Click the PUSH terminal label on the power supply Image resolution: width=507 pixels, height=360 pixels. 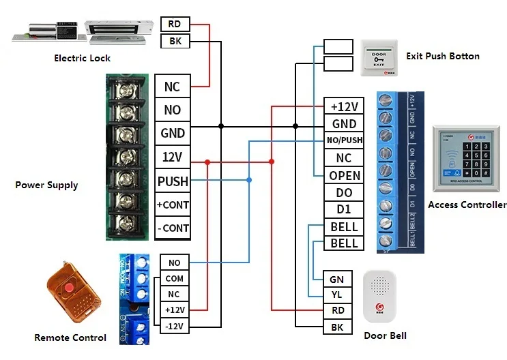click(173, 181)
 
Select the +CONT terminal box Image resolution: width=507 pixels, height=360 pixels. click(173, 205)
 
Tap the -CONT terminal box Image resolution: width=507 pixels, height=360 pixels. click(173, 228)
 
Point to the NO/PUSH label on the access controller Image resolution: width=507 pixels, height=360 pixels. click(344, 140)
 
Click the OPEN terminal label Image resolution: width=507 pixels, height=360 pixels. click(344, 175)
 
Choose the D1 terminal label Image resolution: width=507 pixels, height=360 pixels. click(344, 209)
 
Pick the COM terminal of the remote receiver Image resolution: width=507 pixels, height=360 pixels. click(174, 278)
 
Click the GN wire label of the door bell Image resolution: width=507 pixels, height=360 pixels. click(337, 279)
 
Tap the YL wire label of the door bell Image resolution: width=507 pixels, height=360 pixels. click(337, 295)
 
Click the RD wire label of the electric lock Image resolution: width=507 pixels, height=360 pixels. click(175, 25)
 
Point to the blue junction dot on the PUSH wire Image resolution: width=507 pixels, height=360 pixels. click(249, 180)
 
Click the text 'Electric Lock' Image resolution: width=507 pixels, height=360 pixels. click(82, 58)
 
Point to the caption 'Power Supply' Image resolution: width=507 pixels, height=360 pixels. click(46, 185)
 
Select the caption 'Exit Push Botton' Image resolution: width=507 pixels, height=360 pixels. click(442, 56)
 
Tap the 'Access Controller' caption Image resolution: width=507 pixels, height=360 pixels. click(467, 205)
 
